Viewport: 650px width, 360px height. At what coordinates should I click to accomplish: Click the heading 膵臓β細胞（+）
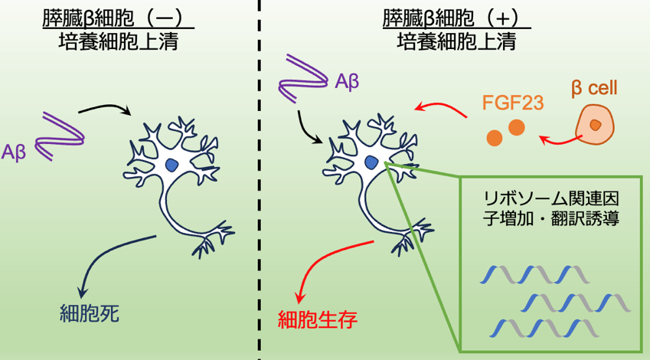[457, 18]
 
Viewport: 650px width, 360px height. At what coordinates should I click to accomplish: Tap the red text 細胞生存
[318, 319]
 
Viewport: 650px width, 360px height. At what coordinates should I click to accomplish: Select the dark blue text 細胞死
[90, 313]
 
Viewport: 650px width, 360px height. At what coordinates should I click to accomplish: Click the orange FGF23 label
[513, 103]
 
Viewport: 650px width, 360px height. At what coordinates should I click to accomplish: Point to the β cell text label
[594, 88]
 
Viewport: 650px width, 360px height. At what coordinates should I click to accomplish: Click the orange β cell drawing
[595, 124]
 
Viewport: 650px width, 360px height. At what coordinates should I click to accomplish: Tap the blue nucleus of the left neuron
[171, 165]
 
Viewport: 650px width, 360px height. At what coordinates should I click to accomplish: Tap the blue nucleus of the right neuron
[371, 162]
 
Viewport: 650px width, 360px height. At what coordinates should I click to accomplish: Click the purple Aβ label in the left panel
[13, 152]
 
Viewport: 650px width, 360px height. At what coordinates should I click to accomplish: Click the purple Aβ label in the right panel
[347, 82]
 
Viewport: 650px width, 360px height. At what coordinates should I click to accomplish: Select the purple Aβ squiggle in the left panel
[60, 136]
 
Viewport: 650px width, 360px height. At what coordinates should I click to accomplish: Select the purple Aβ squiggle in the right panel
[303, 78]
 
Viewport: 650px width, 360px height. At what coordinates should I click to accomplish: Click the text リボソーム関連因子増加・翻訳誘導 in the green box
[551, 208]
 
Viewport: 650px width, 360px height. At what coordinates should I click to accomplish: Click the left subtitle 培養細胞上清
[118, 42]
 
